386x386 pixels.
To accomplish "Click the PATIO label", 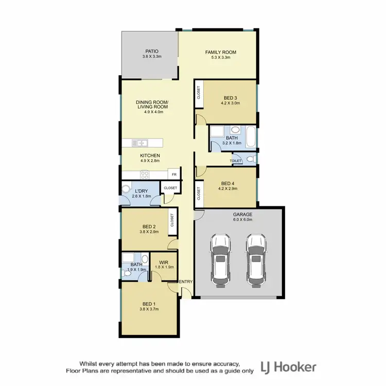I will [x=151, y=51].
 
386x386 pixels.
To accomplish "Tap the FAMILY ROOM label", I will [x=221, y=52].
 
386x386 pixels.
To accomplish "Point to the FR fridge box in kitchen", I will [x=174, y=174].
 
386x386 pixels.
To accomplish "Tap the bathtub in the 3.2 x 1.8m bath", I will [x=251, y=137].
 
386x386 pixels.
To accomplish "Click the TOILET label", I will [x=236, y=161].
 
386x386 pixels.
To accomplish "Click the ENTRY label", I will [x=185, y=282].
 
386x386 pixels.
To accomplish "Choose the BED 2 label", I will [x=149, y=226].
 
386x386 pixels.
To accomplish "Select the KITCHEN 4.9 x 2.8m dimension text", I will [x=150, y=161].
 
